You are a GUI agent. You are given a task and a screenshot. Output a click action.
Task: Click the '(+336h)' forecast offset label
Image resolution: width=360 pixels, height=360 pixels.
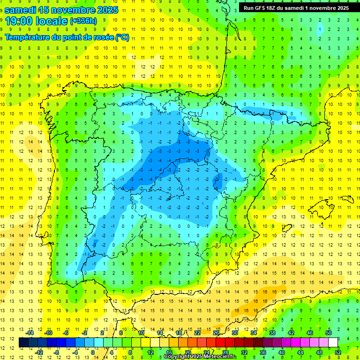83,21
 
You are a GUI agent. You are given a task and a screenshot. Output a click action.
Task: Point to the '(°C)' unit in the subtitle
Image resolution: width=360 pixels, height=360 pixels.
122,37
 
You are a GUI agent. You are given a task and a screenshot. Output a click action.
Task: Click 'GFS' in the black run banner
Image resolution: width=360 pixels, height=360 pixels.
263,8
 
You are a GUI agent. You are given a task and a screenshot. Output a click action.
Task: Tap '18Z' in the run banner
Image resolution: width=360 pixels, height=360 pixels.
277,8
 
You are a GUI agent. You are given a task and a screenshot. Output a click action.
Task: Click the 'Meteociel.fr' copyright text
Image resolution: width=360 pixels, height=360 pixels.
217,357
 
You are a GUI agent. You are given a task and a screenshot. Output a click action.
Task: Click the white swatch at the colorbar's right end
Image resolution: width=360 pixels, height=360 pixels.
333,343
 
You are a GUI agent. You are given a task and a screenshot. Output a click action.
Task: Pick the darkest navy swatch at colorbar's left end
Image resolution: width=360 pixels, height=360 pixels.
23,343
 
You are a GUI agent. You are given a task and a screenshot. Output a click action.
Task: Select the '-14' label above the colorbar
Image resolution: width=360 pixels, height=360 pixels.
30,333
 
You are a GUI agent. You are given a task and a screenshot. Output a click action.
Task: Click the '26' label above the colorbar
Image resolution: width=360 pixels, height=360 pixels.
216,333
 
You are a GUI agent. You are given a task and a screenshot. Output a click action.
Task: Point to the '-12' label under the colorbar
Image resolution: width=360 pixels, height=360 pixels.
38,352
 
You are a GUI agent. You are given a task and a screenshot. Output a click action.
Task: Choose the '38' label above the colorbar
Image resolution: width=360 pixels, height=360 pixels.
272,333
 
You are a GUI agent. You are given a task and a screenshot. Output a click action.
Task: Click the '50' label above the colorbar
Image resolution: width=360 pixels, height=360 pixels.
329,333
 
